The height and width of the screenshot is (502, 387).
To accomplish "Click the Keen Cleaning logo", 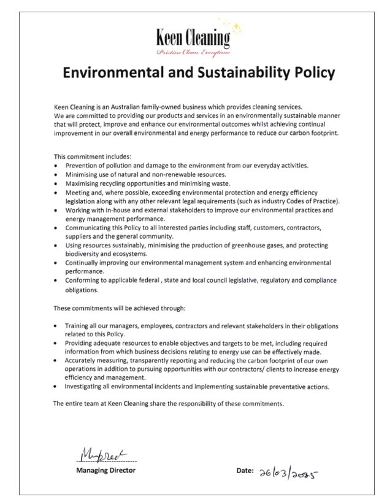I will click(193, 39).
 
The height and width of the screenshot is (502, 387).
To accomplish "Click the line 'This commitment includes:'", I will click(88, 156).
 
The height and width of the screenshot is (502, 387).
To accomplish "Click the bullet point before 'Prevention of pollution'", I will click(56, 166).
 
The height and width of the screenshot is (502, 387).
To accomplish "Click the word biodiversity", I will click(83, 253).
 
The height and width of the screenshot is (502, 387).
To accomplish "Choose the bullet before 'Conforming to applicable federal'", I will click(56, 280).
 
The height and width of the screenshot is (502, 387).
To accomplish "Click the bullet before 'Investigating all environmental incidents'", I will click(56, 387).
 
